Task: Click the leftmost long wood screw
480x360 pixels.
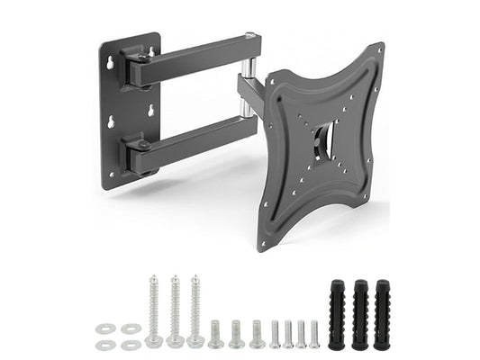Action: point(154,311)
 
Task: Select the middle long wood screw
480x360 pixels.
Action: point(175,311)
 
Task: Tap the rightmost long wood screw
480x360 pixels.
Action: point(195,311)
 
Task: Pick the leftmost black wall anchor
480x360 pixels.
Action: point(337,315)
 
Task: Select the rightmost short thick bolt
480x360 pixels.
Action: point(258,334)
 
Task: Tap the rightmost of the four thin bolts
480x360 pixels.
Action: point(314,333)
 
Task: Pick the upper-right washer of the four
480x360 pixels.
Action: point(133,328)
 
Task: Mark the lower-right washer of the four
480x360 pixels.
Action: point(133,344)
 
